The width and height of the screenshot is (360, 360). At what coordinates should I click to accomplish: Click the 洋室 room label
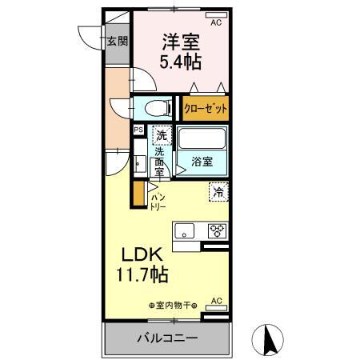coord(182,39)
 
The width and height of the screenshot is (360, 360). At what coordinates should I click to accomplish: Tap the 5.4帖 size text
coord(182,61)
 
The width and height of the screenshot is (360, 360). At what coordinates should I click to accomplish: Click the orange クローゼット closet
coord(205,108)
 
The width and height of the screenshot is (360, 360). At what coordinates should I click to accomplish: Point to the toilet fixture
coord(156,107)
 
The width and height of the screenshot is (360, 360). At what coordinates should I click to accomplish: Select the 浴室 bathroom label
coord(202,162)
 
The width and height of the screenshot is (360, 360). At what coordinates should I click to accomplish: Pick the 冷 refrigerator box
coord(218,191)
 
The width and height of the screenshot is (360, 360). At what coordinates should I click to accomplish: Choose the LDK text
coord(143,255)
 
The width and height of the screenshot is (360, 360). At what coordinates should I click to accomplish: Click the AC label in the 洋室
coord(214,23)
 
